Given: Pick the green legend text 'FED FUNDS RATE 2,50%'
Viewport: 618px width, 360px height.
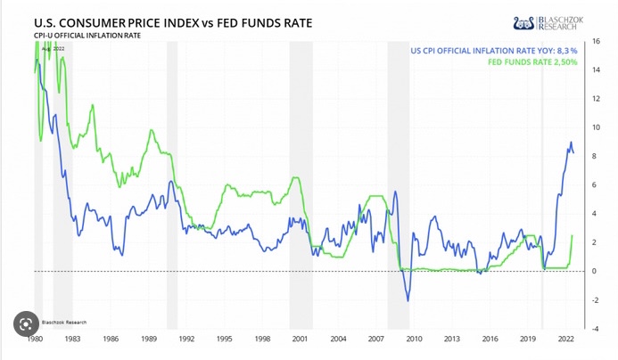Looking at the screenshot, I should tap(533, 63).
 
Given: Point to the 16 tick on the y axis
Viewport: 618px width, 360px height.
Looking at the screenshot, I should tap(595, 42).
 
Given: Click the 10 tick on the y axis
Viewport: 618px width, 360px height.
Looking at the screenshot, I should tap(595, 127).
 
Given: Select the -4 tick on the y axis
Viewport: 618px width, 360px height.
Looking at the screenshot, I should tap(595, 328).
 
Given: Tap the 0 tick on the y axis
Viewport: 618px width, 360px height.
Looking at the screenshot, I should tap(595, 271).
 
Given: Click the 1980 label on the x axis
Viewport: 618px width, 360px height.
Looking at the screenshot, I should tap(35, 340).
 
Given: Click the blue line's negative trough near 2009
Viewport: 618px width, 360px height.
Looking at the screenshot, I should tap(408, 300).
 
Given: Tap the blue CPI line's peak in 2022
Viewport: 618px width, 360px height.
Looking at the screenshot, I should tap(571, 143).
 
